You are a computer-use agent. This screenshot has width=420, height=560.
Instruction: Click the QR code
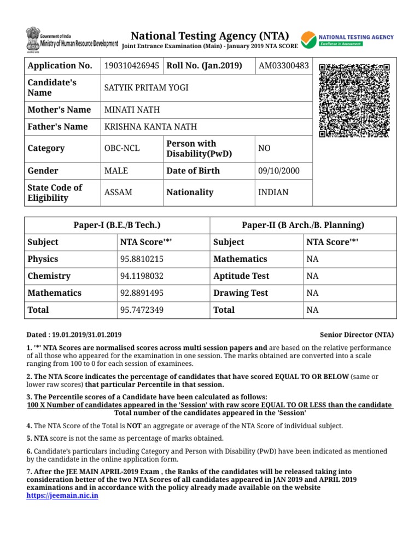(354, 100)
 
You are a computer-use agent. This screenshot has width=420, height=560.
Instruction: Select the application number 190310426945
(132, 66)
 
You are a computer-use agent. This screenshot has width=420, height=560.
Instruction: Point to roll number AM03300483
(284, 66)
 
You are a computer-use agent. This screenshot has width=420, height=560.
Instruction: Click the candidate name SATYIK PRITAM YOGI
(146, 87)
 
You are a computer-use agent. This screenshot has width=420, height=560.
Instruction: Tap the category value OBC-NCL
(122, 148)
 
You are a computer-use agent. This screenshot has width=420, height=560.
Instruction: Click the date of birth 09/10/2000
(279, 171)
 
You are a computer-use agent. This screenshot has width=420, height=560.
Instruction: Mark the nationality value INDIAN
(273, 192)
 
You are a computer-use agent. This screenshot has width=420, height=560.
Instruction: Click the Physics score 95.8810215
(142, 259)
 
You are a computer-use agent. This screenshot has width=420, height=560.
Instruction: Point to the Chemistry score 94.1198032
(142, 276)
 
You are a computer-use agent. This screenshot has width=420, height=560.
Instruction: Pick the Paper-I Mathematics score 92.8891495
(142, 293)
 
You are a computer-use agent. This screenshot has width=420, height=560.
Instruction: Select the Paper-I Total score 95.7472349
(142, 310)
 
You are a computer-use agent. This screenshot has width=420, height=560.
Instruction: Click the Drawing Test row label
(241, 293)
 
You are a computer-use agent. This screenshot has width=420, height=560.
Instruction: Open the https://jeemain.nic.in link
(62, 495)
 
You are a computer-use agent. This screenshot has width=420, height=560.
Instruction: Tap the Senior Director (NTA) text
(357, 335)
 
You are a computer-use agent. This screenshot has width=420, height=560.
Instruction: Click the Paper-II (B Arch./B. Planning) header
(303, 225)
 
